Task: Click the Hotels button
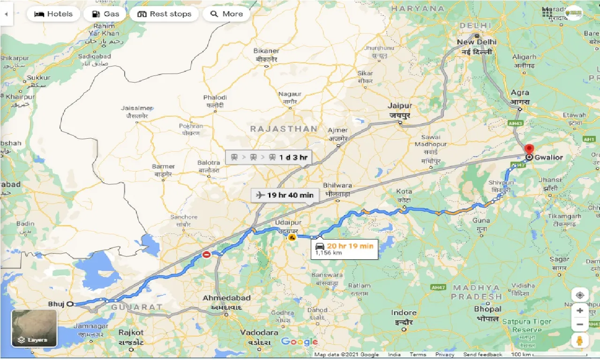tap(53, 14)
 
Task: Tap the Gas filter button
tap(105, 14)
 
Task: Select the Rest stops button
tap(164, 14)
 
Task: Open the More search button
tap(227, 14)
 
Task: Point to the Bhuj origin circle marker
tap(70, 304)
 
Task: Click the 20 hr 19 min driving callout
tap(345, 248)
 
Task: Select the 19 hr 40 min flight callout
tap(285, 195)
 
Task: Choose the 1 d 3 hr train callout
tap(268, 157)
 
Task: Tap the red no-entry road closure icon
tap(206, 255)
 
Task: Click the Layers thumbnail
tap(34, 328)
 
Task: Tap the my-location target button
tap(580, 295)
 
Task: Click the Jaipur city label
tap(400, 106)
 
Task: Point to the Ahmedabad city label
tap(226, 298)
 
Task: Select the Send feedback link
tap(482, 355)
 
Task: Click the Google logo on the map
tap(299, 342)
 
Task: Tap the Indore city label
tap(404, 313)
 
